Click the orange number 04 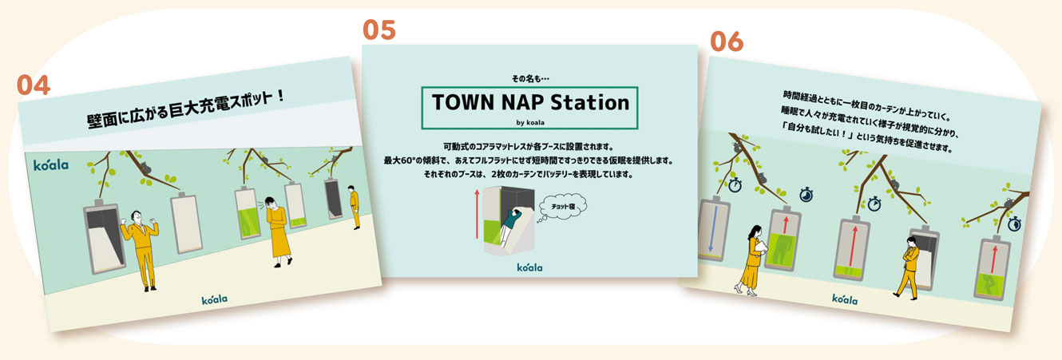(34, 85)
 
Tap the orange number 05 (379, 30)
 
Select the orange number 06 (727, 42)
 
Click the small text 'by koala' (530, 122)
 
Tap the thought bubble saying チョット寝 (563, 207)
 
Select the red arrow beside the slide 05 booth (477, 214)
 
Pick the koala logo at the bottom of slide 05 (529, 267)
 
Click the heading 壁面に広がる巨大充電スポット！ (186, 109)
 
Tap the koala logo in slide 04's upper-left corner (51, 165)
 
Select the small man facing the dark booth (353, 208)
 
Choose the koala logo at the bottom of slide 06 (845, 299)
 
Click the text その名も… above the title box (530, 79)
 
